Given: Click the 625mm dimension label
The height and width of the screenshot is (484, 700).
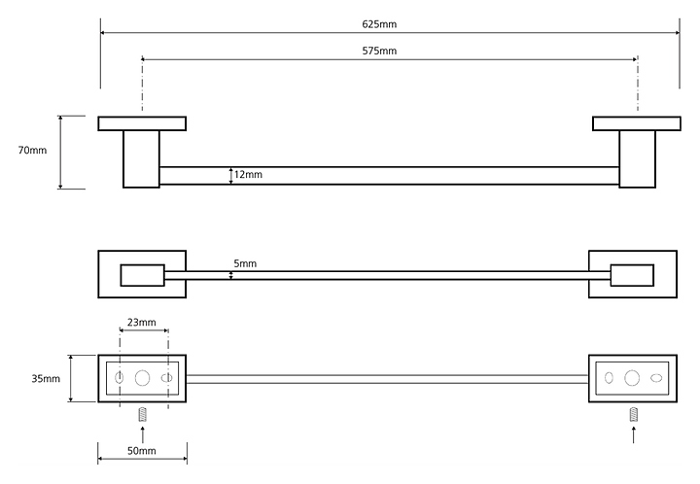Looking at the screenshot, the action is click(379, 24).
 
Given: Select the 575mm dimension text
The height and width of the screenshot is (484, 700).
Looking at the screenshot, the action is click(379, 51).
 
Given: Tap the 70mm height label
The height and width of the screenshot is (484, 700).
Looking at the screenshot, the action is click(32, 151).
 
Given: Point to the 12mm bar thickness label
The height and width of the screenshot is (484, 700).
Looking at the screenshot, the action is click(248, 174).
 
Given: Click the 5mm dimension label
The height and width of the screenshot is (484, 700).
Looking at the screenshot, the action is click(245, 263).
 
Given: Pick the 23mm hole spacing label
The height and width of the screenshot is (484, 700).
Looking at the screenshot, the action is click(142, 322).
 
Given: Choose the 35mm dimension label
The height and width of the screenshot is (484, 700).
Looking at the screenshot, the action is click(46, 379).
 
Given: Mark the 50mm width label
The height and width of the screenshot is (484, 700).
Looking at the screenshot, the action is click(142, 451).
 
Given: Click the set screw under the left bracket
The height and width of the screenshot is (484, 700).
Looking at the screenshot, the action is click(142, 415).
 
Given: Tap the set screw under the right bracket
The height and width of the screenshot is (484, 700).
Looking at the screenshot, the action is click(634, 415).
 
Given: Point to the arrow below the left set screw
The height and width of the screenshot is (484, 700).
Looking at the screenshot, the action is click(142, 434).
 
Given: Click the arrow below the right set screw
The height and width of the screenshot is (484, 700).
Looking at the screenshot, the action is click(634, 434).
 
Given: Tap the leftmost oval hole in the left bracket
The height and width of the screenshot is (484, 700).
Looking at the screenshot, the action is click(120, 378).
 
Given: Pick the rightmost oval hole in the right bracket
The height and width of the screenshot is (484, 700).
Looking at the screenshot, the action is click(656, 378).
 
